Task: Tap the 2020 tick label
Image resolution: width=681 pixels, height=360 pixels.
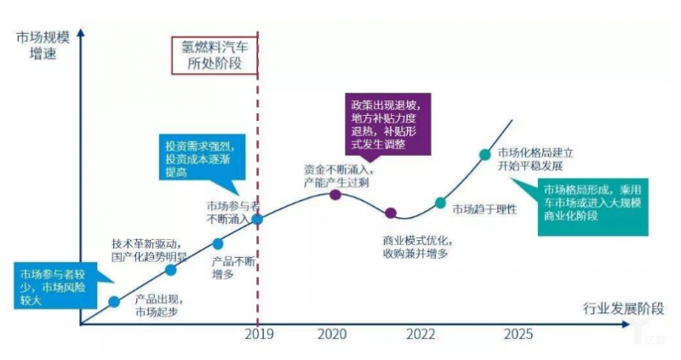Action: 335,334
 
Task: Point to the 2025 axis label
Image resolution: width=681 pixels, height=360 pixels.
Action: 518,334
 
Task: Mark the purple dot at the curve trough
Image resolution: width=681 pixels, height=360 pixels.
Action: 391,213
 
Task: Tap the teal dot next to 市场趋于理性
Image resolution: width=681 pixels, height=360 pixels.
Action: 440,203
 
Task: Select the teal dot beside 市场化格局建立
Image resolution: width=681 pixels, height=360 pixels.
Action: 484,154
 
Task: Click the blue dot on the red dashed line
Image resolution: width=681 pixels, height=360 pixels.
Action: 257,218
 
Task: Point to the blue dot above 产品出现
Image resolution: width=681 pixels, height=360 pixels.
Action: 114,301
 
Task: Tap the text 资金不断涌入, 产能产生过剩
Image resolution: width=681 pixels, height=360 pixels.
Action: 337,176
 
